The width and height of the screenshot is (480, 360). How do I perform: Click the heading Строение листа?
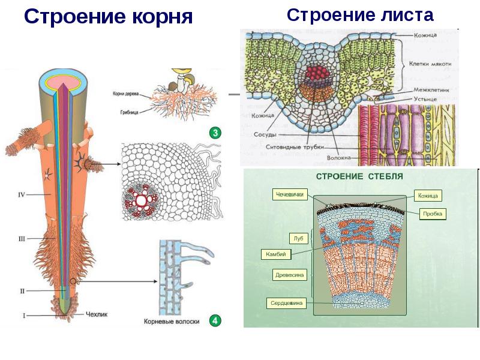tap(360, 14)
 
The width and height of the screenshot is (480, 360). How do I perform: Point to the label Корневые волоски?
tap(172, 322)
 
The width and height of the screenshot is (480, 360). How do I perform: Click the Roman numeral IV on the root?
tap(22, 194)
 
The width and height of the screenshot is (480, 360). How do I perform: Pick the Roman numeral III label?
tap(22, 238)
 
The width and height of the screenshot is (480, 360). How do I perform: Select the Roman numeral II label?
tap(22, 291)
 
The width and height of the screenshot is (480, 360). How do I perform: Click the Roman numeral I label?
tap(24, 314)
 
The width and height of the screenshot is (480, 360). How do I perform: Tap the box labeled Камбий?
tap(276, 254)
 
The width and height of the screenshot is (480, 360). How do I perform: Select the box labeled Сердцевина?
tap(286, 304)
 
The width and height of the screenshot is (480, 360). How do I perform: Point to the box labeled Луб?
tap(298, 238)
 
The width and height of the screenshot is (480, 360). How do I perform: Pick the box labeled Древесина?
tap(290, 275)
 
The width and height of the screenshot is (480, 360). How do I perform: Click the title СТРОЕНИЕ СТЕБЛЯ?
tap(359, 176)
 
